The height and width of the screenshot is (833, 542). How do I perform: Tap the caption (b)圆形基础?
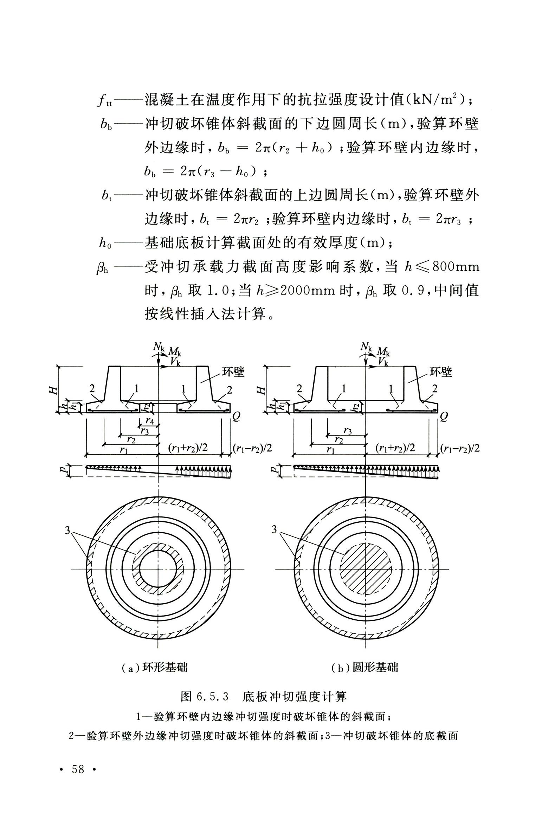pyautogui.click(x=364, y=667)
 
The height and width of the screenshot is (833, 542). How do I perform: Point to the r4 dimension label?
pyautogui.click(x=150, y=421)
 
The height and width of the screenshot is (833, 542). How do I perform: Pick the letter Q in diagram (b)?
pyautogui.click(x=444, y=417)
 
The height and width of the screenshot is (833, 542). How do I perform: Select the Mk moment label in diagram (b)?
pyautogui.click(x=383, y=351)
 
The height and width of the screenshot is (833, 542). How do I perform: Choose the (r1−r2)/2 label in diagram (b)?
pyautogui.click(x=460, y=448)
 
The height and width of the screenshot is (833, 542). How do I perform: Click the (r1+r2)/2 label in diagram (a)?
pyautogui.click(x=188, y=448)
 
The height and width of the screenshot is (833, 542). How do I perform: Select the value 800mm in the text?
pyautogui.click(x=456, y=267)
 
